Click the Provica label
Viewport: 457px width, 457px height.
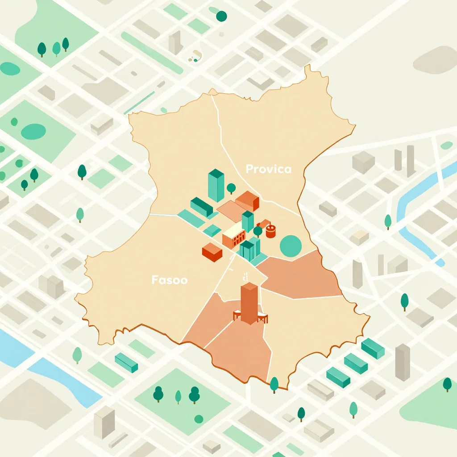[268, 169]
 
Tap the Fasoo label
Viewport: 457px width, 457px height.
[169, 280]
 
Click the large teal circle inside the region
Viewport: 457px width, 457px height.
[291, 246]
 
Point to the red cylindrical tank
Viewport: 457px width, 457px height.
[271, 231]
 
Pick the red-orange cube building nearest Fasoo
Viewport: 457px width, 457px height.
[212, 252]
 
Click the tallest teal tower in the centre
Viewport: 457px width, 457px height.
[216, 185]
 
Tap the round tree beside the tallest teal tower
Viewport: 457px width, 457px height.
[231, 188]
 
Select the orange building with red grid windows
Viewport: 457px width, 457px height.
[234, 237]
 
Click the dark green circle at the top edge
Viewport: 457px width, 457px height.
[221, 17]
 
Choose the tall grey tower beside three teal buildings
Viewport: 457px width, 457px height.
[402, 362]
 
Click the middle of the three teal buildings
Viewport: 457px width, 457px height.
[356, 363]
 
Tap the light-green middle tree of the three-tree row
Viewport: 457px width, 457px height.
[56, 48]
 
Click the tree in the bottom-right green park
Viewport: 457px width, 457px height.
[447, 384]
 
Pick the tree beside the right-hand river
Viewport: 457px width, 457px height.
[388, 220]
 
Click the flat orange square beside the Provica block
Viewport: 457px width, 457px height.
[231, 211]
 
